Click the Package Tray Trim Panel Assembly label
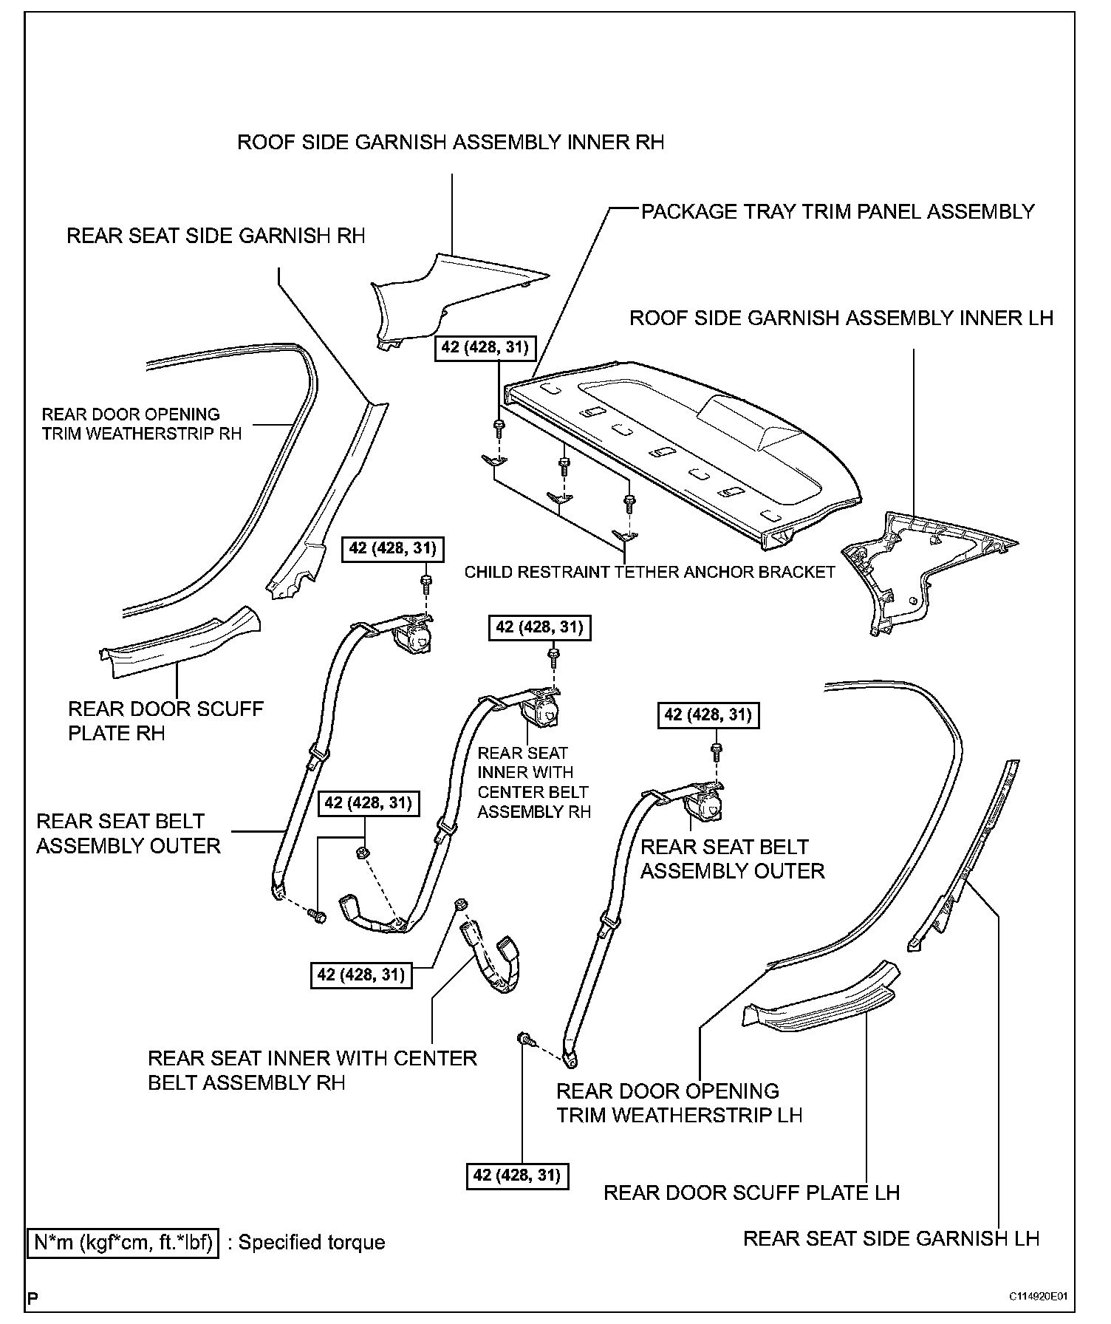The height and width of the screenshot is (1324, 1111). pos(837,212)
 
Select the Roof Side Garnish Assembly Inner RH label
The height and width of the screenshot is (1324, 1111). pos(451,142)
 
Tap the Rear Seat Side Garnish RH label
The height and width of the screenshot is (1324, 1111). pos(216,236)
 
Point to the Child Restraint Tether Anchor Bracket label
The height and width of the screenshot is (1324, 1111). pos(649,572)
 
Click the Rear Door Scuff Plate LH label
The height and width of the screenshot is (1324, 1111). pos(751,1192)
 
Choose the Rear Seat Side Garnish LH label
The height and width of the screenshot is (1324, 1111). pos(891,1238)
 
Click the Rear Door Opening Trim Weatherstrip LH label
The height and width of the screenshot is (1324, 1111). pos(678,1102)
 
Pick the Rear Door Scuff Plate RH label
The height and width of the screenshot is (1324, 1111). pos(165,720)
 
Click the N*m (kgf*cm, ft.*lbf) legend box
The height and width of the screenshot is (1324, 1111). pos(123,1242)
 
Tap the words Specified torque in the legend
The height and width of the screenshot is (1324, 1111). pos(311,1242)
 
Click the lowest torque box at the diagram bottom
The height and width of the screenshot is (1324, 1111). pos(518,1174)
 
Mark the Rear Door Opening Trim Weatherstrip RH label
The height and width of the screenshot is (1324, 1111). pos(142,423)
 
